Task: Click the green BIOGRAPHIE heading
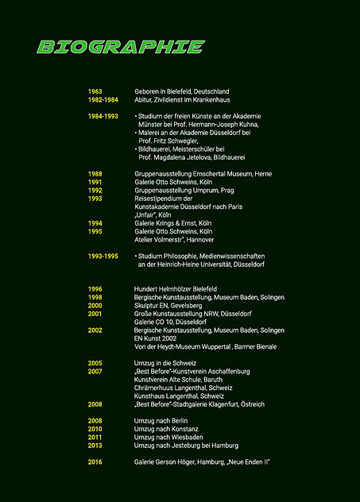click(x=121, y=47)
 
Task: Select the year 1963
click(x=95, y=92)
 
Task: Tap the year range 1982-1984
click(x=103, y=100)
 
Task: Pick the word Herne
click(x=263, y=174)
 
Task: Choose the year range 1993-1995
click(x=103, y=257)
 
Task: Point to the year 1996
click(x=95, y=289)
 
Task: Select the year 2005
click(x=95, y=363)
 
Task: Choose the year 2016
click(x=95, y=461)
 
